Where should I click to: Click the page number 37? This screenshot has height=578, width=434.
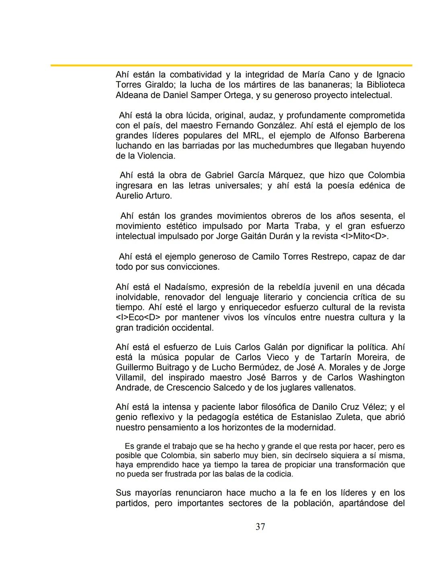(x=260, y=527)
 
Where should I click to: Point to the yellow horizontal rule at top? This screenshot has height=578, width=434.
(x=231, y=65)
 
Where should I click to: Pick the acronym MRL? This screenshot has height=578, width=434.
(x=252, y=136)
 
